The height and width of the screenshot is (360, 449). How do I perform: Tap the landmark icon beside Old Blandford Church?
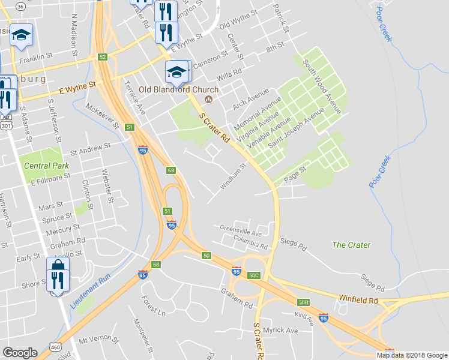(209, 99)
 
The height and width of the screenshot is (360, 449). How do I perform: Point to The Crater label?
(351, 245)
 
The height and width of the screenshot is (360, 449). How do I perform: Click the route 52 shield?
(103, 57)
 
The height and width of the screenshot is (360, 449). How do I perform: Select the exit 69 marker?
(171, 170)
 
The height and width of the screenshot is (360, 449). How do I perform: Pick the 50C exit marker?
(255, 275)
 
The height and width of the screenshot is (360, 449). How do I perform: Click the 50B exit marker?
(304, 302)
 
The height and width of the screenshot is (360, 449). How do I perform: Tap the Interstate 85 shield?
(143, 275)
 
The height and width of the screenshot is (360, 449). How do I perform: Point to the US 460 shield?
(56, 347)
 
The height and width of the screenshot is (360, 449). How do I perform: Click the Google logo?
(20, 352)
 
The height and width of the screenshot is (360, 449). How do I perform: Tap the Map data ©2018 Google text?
(411, 355)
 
